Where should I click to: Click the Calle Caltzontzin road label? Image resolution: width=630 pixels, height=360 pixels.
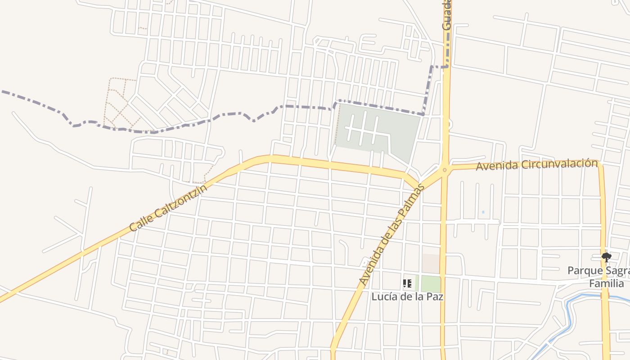click(x=169, y=208)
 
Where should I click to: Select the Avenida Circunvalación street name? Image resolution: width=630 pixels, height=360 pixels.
click(x=536, y=165)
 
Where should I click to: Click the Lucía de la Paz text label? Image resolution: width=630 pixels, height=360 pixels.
click(x=407, y=297)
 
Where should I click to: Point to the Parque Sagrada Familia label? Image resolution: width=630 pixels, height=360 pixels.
click(x=598, y=277)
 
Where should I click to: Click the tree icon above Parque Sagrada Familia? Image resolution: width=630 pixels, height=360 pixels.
click(x=607, y=257)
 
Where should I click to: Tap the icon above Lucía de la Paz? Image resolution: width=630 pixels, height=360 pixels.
click(x=407, y=283)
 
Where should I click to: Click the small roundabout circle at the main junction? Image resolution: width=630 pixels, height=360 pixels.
click(x=445, y=170)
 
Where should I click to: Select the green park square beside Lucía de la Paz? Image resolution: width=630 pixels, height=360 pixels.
click(x=430, y=283)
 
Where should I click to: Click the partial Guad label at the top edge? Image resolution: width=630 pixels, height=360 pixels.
click(x=446, y=16)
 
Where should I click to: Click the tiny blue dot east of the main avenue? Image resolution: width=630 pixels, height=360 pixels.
click(x=483, y=212)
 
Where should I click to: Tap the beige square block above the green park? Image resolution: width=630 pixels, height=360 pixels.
click(x=431, y=263)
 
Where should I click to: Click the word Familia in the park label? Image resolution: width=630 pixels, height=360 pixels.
click(x=607, y=283)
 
